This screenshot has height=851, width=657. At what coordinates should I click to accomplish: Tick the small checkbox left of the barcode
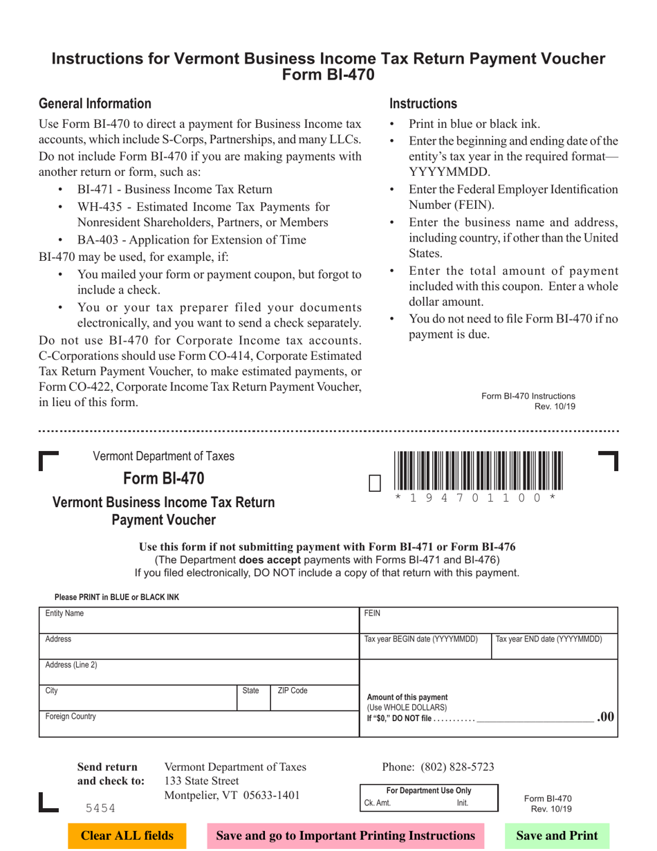(375, 482)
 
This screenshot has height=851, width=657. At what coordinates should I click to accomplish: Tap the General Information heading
(95, 104)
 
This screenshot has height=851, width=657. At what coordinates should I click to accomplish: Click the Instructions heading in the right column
(423, 104)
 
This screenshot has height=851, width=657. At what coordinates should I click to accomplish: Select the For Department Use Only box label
(428, 790)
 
